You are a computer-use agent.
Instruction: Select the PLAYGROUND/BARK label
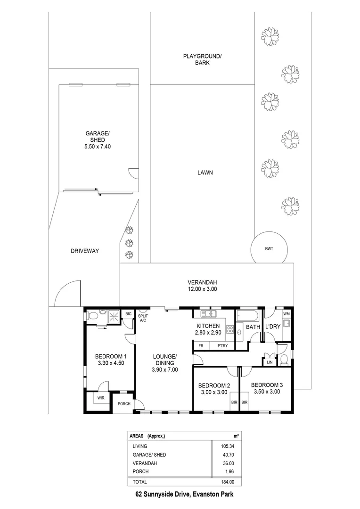[202, 59]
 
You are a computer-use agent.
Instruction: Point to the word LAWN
[205, 173]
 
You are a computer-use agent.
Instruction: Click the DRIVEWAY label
[84, 251]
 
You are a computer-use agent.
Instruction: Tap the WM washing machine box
[286, 314]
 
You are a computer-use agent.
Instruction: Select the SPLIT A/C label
[143, 318]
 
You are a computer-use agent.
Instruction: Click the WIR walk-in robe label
[100, 399]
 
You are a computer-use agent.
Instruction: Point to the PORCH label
[124, 403]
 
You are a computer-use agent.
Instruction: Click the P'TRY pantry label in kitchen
[223, 345]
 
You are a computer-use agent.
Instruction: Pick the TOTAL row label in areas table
[140, 482]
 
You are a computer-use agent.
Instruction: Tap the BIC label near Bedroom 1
[128, 314]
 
